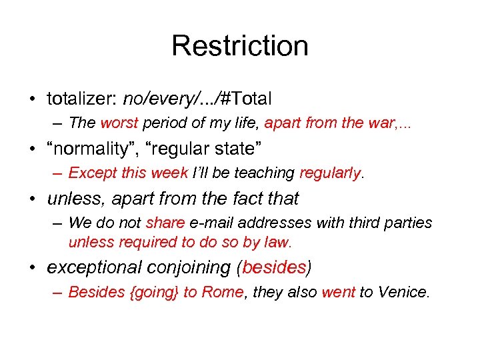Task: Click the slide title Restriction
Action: click(240, 46)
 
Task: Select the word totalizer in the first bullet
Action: click(80, 99)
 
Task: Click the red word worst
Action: click(119, 123)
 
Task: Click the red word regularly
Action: click(329, 173)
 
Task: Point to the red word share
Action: click(165, 223)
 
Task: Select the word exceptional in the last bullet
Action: click(94, 267)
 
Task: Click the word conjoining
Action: click(189, 267)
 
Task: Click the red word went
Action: click(339, 292)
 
